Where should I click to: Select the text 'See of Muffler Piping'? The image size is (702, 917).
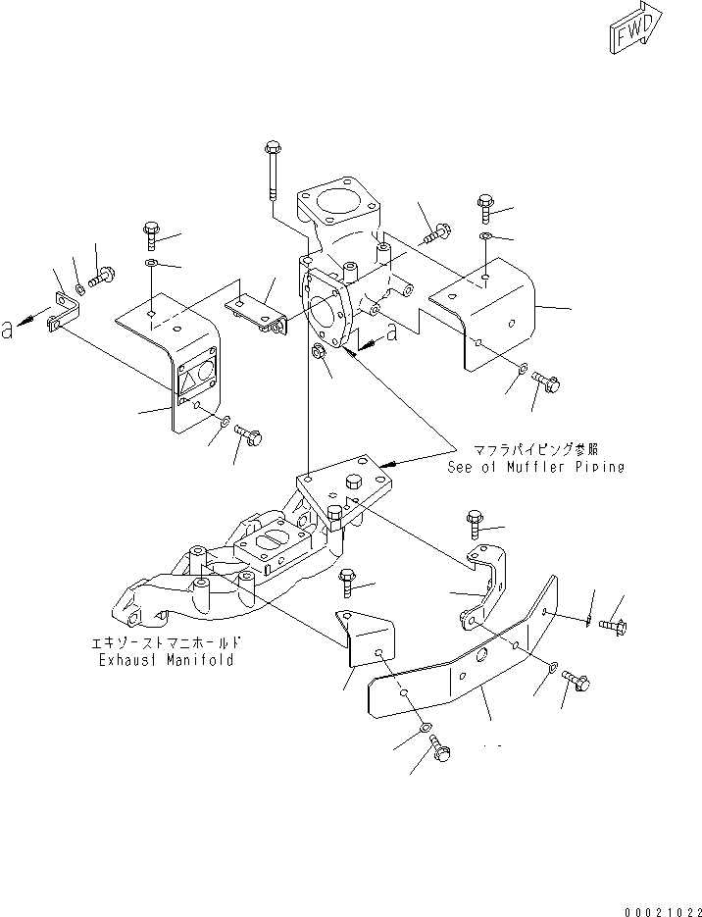coord(535,467)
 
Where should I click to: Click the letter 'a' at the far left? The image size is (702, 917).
coord(8,331)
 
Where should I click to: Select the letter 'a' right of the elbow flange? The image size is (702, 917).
coord(392,333)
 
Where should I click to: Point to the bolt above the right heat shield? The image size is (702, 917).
coord(485,207)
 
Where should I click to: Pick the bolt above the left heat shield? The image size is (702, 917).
coord(149,235)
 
